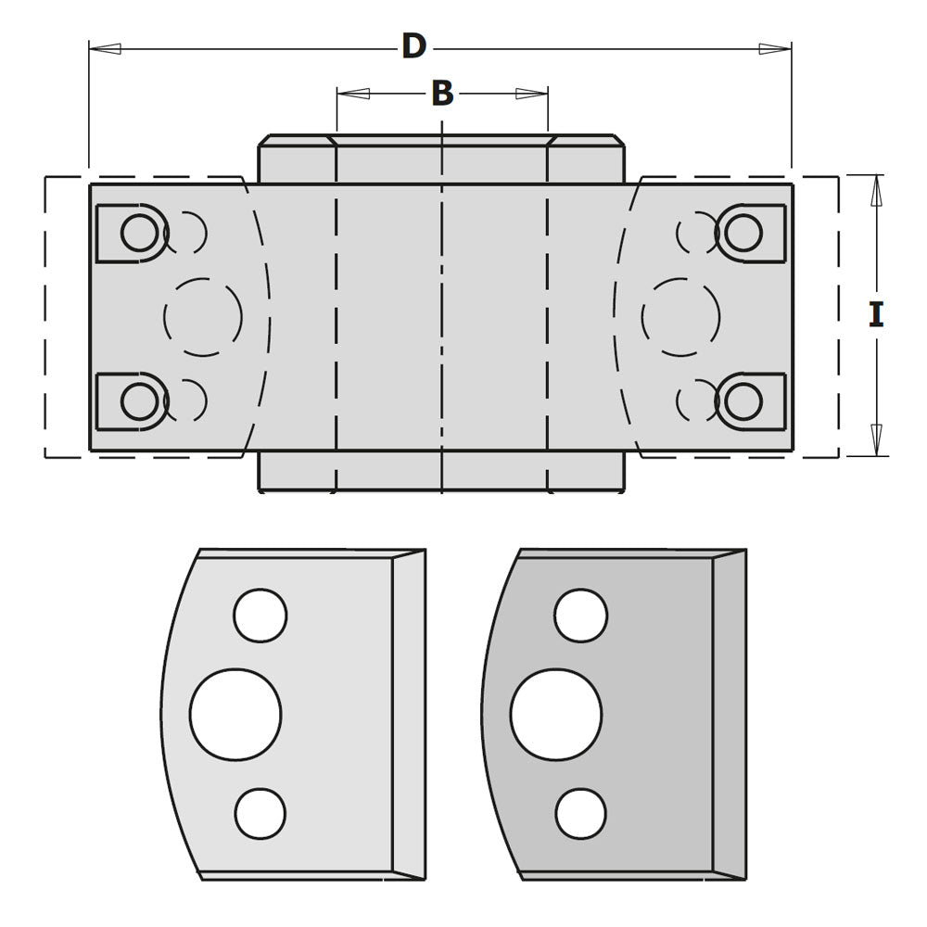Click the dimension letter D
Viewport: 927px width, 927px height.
coord(413,46)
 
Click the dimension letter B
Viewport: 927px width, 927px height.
coord(442,93)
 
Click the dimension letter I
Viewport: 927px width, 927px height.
coord(876,315)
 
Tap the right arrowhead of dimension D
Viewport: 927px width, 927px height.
coord(775,48)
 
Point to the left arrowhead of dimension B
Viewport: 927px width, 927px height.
coord(353,94)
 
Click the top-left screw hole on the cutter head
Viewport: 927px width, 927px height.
coord(139,233)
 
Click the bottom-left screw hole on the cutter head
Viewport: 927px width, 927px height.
coord(139,401)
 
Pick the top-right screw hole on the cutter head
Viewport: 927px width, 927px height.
coord(743,233)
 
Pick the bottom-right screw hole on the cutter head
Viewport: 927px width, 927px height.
coord(743,401)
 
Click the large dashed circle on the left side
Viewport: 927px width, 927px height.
coord(203,317)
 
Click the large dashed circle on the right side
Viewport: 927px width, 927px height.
coord(680,317)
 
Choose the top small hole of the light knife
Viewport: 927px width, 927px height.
coord(260,616)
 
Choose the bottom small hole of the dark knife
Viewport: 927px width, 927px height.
coord(581,813)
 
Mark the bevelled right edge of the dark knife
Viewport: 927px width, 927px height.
coord(729,714)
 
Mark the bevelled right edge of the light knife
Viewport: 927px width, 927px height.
coord(409,714)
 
